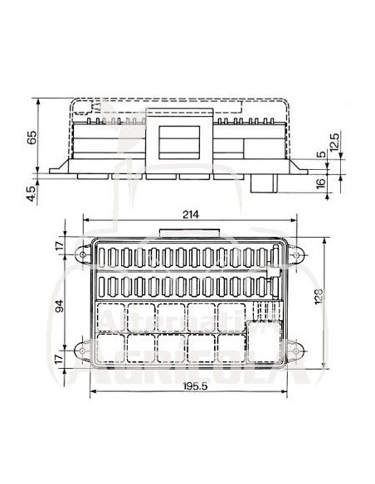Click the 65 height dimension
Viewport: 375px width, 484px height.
click(x=31, y=138)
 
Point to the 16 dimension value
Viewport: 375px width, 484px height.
click(x=320, y=183)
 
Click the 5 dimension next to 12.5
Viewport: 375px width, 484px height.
click(x=319, y=155)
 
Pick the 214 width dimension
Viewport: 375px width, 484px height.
click(x=190, y=214)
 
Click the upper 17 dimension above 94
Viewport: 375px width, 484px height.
click(x=58, y=246)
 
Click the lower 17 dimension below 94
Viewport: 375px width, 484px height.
click(x=58, y=358)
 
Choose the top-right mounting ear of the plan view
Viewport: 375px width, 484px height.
click(x=295, y=249)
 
